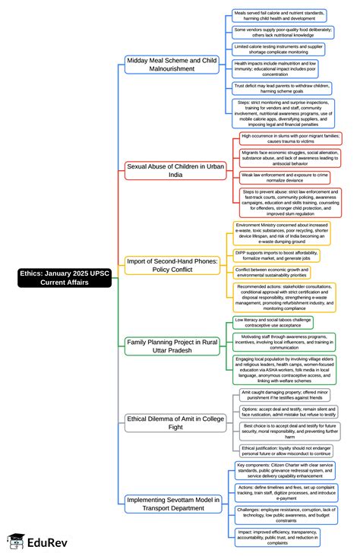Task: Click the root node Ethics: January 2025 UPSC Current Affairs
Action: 65,277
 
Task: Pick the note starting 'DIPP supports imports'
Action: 276,256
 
